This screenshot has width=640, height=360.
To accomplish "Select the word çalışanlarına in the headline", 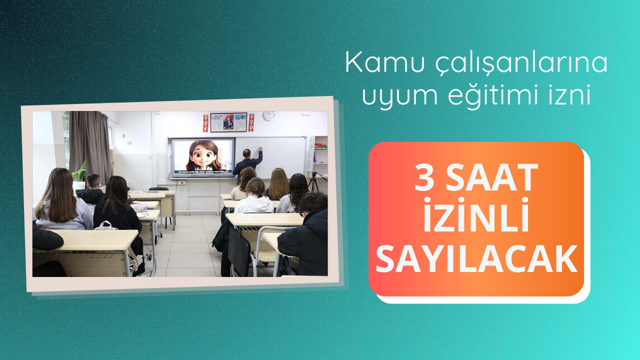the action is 521,63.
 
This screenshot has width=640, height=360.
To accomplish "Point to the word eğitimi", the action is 500,95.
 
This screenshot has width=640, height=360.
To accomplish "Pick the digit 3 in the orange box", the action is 424,177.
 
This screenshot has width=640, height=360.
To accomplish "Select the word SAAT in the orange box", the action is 491,177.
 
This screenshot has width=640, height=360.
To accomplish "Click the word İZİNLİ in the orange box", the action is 476,215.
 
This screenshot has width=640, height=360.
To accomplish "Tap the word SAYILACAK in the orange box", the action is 476,259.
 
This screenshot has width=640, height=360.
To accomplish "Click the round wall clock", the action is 269,115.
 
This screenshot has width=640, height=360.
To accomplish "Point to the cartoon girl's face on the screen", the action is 203,155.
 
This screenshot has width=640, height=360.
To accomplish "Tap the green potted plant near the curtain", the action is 80,172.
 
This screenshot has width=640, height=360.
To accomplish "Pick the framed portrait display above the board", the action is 228,122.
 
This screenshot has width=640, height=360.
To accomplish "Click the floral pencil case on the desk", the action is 139,207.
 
